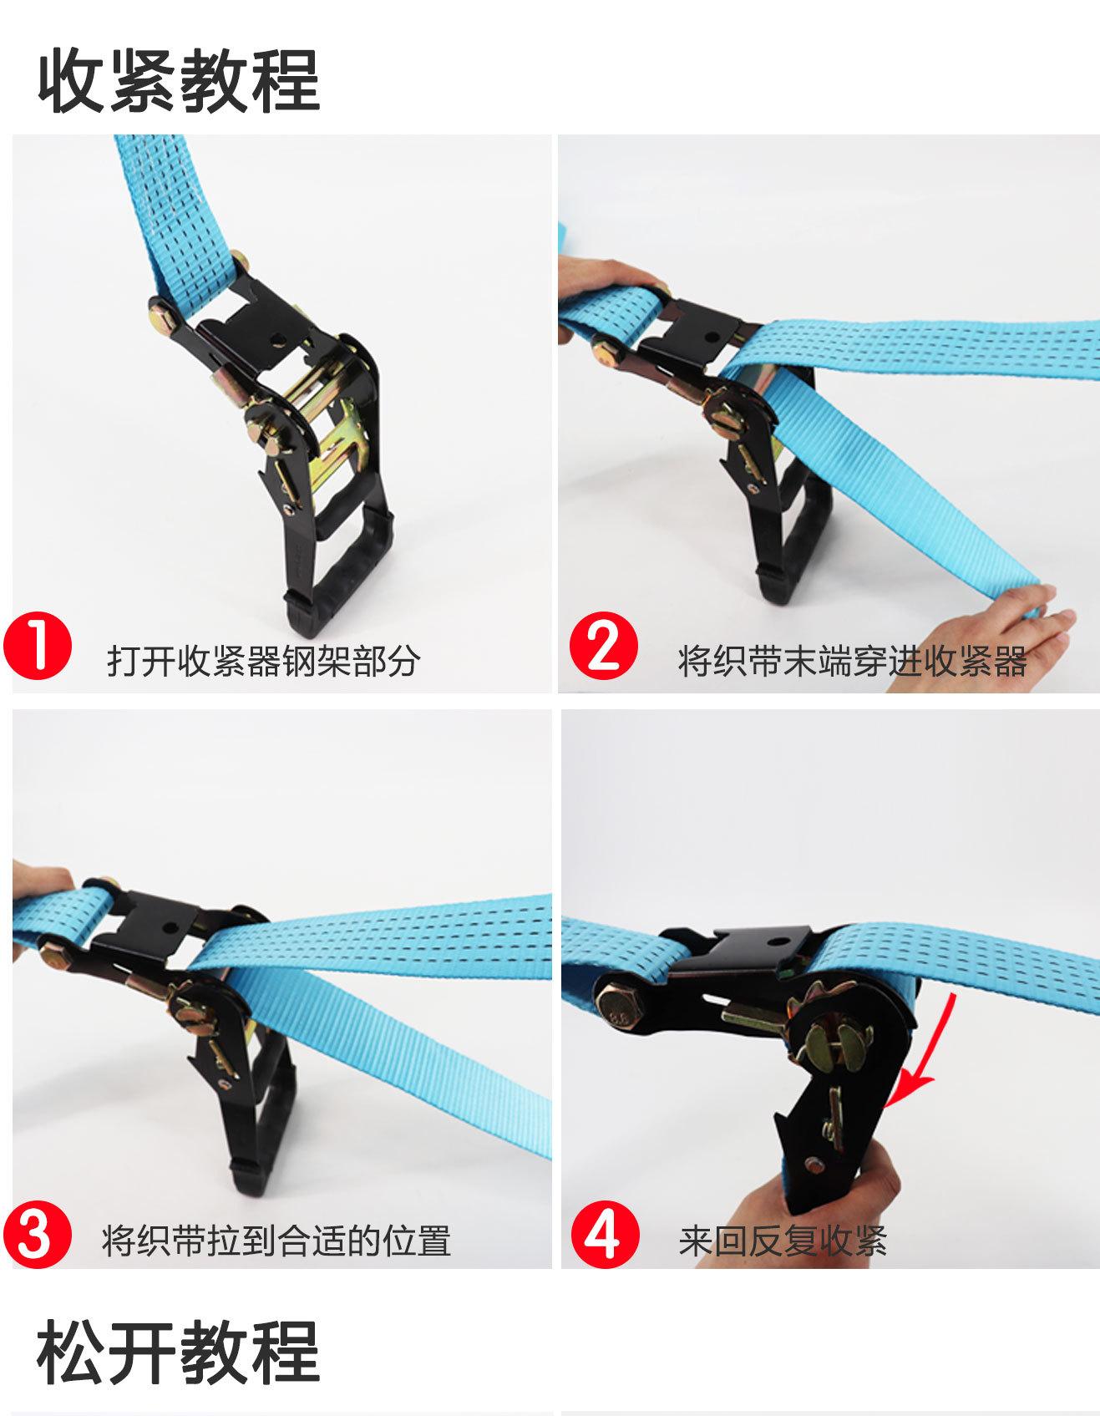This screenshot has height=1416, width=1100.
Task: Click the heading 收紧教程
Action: point(179,81)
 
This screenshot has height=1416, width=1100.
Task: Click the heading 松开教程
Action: point(179,1351)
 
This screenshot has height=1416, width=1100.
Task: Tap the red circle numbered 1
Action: point(38,647)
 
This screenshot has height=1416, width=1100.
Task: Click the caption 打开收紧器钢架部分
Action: point(263,661)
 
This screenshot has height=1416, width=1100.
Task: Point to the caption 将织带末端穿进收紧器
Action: point(852,661)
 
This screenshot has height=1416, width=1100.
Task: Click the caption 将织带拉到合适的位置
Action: point(276,1241)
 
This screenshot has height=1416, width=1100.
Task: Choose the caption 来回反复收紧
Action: point(782,1241)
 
